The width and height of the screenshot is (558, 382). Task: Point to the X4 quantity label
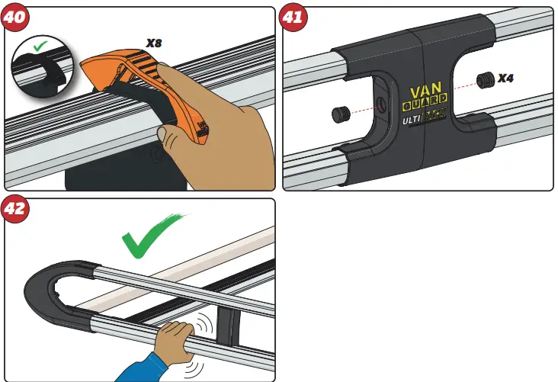pos(505,79)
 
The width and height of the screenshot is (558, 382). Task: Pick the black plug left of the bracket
pos(341,114)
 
